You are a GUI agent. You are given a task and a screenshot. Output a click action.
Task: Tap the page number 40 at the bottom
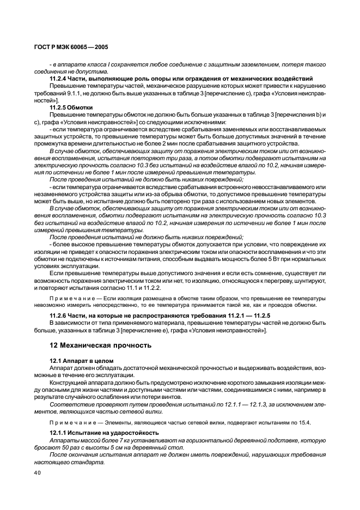(38, 473)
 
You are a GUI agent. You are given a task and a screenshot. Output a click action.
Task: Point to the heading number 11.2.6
(59, 316)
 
